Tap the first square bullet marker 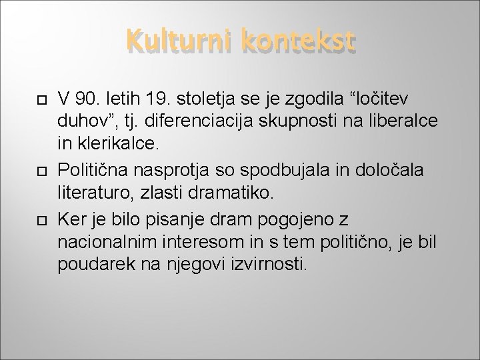coord(39,100)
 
